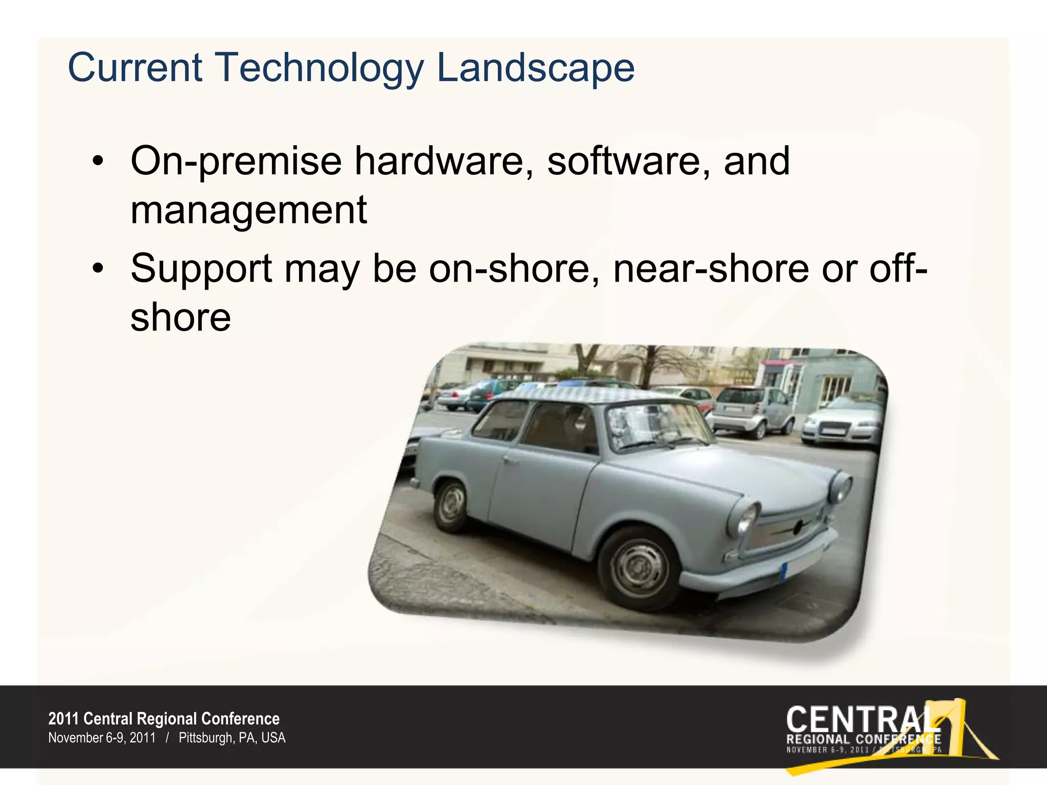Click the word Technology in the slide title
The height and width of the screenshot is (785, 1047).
pyautogui.click(x=320, y=68)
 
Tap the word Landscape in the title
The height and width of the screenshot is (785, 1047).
pyautogui.click(x=535, y=68)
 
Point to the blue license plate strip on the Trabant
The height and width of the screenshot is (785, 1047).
pyautogui.click(x=784, y=570)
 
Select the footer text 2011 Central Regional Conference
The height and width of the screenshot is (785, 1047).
pyautogui.click(x=164, y=719)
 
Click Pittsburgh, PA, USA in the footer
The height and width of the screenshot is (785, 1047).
pyautogui.click(x=232, y=738)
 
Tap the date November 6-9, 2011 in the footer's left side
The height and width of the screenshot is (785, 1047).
pyautogui.click(x=102, y=738)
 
